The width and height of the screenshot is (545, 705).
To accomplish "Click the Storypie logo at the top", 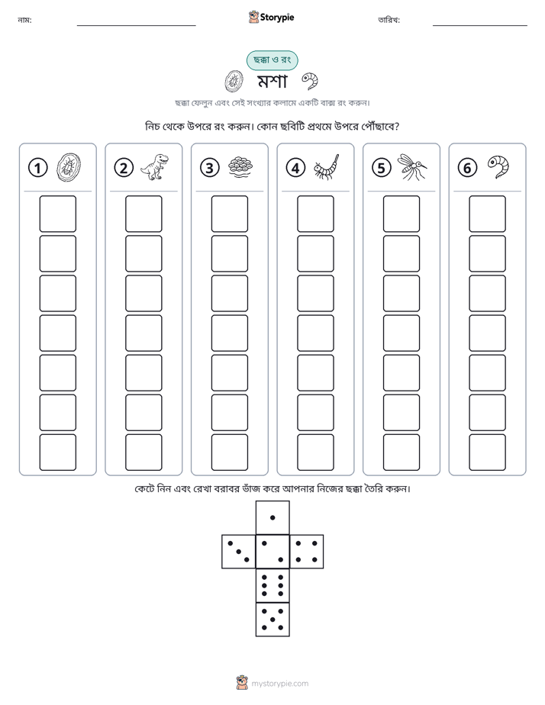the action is pyautogui.click(x=271, y=17).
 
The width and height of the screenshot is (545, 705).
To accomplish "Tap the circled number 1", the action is pyautogui.click(x=37, y=168).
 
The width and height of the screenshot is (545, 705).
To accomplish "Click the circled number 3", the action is pyautogui.click(x=210, y=168).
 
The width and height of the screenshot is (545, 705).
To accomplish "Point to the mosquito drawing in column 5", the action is pyautogui.click(x=412, y=167).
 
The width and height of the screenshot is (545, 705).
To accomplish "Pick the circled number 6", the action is pyautogui.click(x=467, y=168).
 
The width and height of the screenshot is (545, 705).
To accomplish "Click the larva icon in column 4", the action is pyautogui.click(x=327, y=167).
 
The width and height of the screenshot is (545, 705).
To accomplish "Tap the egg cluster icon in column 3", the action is pyautogui.click(x=240, y=167).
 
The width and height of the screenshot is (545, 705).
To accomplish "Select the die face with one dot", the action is pyautogui.click(x=272, y=517).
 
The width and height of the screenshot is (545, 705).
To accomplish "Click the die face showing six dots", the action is pyautogui.click(x=272, y=586).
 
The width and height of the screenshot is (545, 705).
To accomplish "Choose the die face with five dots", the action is pyautogui.click(x=272, y=620).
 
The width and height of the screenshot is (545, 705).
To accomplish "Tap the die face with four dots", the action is pyautogui.click(x=307, y=552).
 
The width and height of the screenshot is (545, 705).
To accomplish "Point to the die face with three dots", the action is pyautogui.click(x=239, y=552).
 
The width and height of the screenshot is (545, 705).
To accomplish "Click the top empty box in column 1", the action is pyautogui.click(x=57, y=214).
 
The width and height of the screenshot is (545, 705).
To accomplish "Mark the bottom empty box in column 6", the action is pyautogui.click(x=488, y=452).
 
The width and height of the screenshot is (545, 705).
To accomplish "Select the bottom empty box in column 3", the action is pyautogui.click(x=229, y=452).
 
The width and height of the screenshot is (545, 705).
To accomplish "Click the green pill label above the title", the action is pyautogui.click(x=272, y=60).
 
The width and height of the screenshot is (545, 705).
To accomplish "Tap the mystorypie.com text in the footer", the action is pyautogui.click(x=279, y=684).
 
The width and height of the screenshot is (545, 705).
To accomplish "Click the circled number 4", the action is pyautogui.click(x=295, y=168).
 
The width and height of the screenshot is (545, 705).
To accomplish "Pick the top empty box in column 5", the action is pyautogui.click(x=401, y=214).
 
